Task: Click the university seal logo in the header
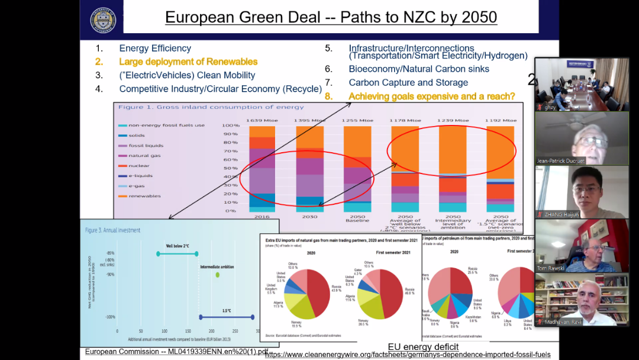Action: click(x=103, y=19)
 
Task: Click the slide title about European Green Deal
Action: click(x=331, y=17)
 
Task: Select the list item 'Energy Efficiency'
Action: click(x=155, y=49)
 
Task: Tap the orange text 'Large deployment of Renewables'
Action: click(x=188, y=62)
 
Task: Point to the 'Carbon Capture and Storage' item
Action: click(x=408, y=83)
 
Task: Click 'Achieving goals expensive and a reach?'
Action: click(x=431, y=96)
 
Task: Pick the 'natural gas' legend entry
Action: click(x=144, y=156)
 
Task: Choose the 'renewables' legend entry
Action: click(x=144, y=196)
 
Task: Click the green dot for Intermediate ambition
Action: click(x=217, y=275)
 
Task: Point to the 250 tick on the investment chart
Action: click(x=235, y=332)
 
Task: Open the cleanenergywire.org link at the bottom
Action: click(x=408, y=355)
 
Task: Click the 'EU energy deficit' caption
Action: click(x=423, y=347)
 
